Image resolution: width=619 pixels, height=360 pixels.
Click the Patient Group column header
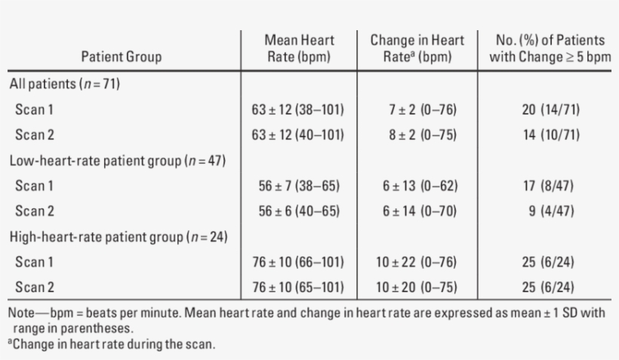[122, 57]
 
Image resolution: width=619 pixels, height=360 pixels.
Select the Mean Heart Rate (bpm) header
[299, 48]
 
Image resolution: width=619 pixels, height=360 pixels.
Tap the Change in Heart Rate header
[417, 48]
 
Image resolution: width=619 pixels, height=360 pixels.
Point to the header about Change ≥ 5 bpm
[550, 48]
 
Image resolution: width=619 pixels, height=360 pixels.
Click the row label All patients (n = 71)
[65, 84]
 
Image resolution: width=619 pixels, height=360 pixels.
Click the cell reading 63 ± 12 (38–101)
[297, 109]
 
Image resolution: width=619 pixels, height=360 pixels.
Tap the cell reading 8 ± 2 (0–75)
[417, 135]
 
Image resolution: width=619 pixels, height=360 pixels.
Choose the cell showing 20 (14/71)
[550, 109]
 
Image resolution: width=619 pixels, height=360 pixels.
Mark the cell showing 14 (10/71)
[550, 135]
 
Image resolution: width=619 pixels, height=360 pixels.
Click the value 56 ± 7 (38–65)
[297, 186]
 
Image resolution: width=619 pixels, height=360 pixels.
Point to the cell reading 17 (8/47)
[550, 186]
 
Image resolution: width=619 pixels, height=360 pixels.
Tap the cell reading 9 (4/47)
[553, 211]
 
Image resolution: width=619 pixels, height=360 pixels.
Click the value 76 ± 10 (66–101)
[297, 262]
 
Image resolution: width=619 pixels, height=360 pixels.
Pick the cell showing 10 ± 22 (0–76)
[417, 262]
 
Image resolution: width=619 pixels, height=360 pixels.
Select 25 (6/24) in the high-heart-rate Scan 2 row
[550, 288]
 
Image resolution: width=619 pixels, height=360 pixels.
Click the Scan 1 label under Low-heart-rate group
[34, 186]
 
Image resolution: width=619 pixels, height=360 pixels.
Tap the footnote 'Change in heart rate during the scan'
[113, 345]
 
